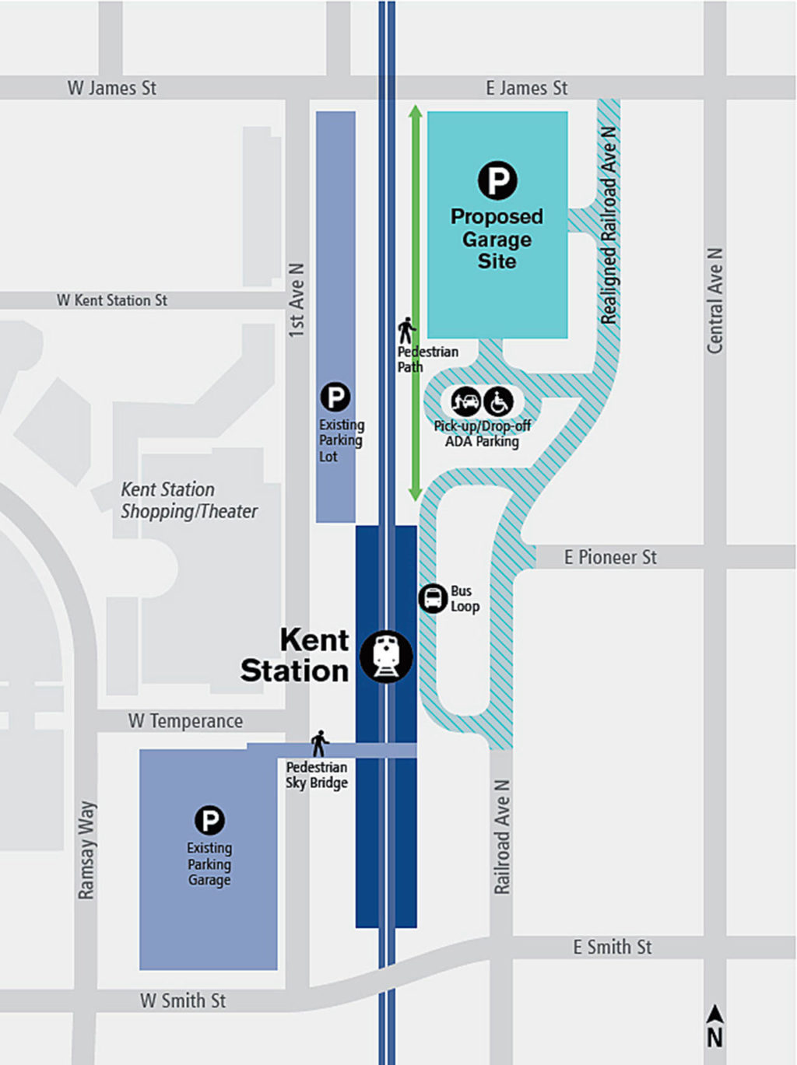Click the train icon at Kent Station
coord(386,657)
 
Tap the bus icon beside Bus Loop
coord(433,598)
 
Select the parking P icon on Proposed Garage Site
coord(497,180)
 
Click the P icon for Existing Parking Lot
coord(335,398)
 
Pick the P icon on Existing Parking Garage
coord(209,820)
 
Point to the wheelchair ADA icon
coord(498,402)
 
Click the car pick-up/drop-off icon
coord(466,402)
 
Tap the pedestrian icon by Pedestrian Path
coord(406,331)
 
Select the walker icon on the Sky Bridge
coord(319,743)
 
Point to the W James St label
coord(112,88)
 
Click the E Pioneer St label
coord(610,557)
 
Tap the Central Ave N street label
coord(714,301)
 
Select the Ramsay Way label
coord(86,850)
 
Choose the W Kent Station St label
coord(112,300)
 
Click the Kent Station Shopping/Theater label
coord(188,500)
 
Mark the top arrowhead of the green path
coord(416,111)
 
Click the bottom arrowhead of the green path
coord(416,494)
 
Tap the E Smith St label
coord(613,947)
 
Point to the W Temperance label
coord(185,721)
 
